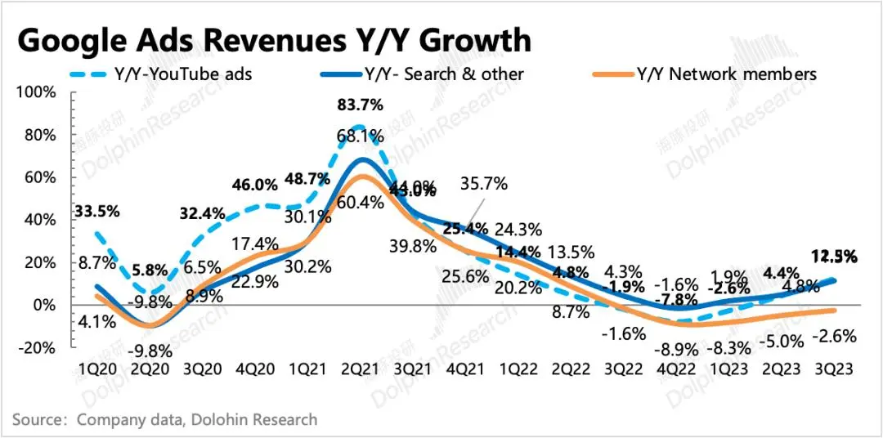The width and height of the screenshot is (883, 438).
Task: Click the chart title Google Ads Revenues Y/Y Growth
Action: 274,39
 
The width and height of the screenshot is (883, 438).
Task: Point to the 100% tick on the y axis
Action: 36,92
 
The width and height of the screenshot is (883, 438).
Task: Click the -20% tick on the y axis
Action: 36,347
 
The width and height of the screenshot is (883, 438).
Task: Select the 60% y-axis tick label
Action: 39,177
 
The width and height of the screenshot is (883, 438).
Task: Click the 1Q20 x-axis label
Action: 97,369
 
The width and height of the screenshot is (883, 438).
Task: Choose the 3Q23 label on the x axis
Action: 831,369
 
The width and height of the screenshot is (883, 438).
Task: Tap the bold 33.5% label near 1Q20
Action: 97,211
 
